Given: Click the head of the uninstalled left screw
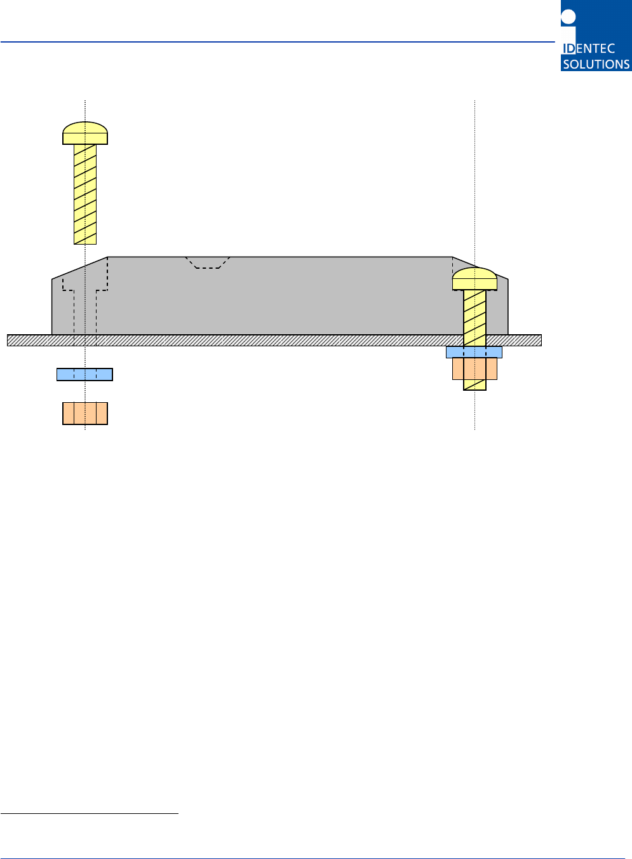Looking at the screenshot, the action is (x=85, y=133).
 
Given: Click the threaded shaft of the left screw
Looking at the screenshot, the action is (x=85, y=194).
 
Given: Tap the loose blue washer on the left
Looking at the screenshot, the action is (x=84, y=374).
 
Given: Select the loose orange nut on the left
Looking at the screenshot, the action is (x=85, y=413).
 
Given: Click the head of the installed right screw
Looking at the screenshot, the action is (x=474, y=279).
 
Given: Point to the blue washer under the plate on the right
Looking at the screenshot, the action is (x=474, y=352).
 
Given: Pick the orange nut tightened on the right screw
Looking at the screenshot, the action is (x=474, y=369).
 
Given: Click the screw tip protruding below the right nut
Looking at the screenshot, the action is (x=474, y=385).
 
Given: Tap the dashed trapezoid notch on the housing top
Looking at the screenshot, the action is (x=208, y=262).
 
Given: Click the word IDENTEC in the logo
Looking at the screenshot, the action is (x=589, y=49).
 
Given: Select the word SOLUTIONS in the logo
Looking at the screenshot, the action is (x=596, y=64).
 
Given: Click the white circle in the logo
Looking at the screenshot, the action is (x=568, y=17).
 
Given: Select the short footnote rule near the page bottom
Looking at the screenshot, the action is (x=90, y=813).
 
